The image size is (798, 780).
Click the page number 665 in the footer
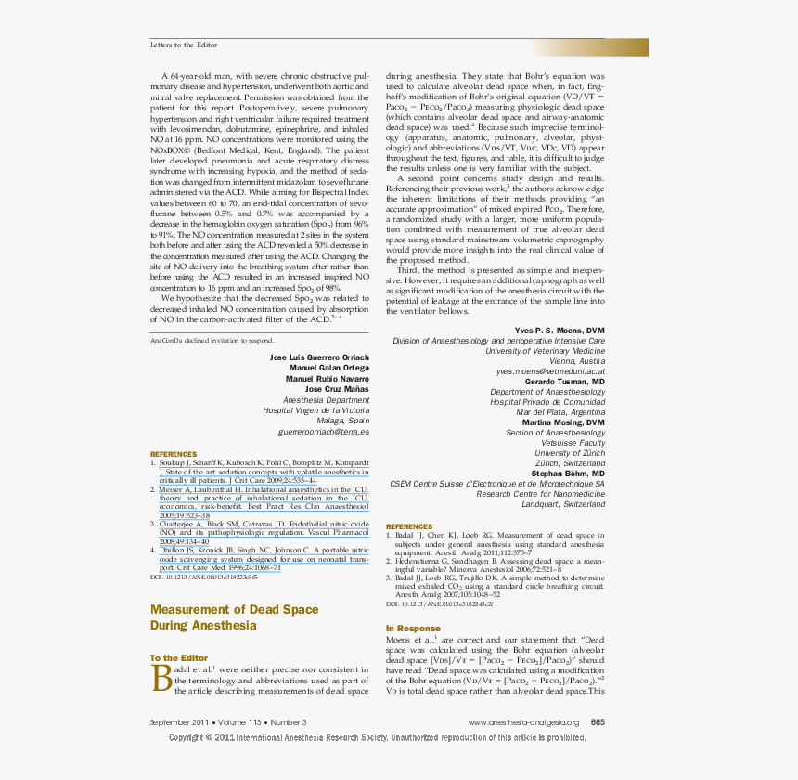point(598,722)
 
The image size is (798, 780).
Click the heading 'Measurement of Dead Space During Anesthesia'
point(234,617)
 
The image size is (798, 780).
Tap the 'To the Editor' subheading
point(179,658)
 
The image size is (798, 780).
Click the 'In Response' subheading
point(414,629)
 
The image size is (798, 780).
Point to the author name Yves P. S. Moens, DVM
point(560,331)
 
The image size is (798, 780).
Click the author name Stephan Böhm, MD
point(567,474)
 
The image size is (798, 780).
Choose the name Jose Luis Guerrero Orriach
point(319,357)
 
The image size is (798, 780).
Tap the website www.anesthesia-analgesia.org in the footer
point(523,722)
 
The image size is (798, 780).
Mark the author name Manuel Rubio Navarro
point(327,379)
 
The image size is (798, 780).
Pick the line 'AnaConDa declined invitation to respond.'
point(212,341)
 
